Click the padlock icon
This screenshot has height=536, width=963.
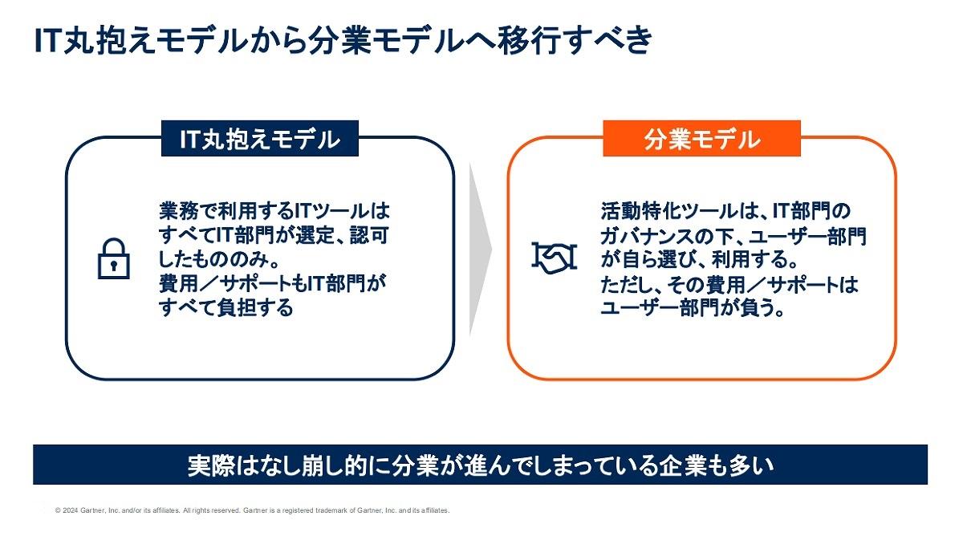[x=114, y=258]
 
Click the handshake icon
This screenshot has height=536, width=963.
[x=555, y=258]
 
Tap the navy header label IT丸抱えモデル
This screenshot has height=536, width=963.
[x=260, y=138]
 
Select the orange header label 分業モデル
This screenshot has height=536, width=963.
[x=701, y=138]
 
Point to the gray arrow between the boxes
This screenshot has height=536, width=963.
[x=480, y=250]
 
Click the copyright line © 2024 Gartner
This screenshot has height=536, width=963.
[x=252, y=510]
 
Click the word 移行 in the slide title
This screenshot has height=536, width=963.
[x=529, y=41]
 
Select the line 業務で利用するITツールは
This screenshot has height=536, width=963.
[x=274, y=211]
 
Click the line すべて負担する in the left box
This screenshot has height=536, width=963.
[x=226, y=308]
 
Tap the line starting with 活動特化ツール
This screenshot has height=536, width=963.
[x=725, y=211]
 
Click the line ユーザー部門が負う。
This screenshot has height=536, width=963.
[x=692, y=308]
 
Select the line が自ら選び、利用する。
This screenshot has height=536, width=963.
[x=700, y=259]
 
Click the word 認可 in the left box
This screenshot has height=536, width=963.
[x=370, y=235]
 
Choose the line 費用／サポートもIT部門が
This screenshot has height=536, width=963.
[x=273, y=284]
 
